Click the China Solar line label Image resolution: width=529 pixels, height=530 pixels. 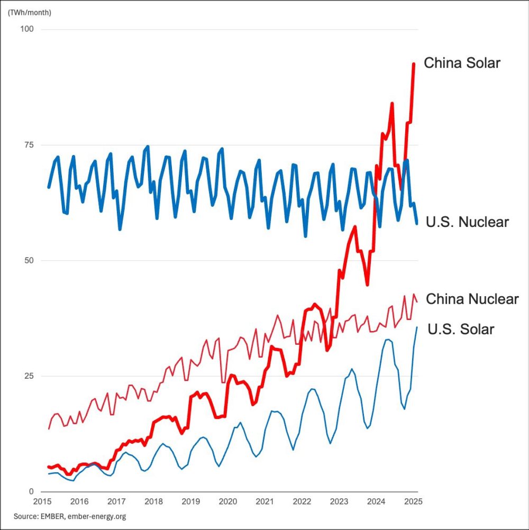point(462,63)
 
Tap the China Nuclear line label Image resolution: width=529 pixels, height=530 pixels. point(472,299)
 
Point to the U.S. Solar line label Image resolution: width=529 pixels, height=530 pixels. point(460,330)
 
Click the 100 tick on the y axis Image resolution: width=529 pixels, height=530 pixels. point(26,29)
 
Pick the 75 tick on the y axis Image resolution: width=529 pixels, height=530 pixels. point(29,145)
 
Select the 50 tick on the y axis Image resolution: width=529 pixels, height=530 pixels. point(29,260)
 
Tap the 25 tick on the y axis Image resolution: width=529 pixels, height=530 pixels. point(29,376)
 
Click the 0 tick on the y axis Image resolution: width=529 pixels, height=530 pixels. point(31,491)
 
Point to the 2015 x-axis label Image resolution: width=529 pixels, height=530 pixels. point(42,501)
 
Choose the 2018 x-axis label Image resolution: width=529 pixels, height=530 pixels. point(153,501)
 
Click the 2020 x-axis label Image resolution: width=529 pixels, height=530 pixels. point(227,501)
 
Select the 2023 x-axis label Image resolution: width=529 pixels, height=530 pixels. point(339,501)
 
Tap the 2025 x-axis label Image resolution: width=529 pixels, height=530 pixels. point(413,501)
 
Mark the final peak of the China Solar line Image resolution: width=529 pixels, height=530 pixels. point(414,63)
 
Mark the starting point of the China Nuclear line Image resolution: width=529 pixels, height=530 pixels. point(49,428)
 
